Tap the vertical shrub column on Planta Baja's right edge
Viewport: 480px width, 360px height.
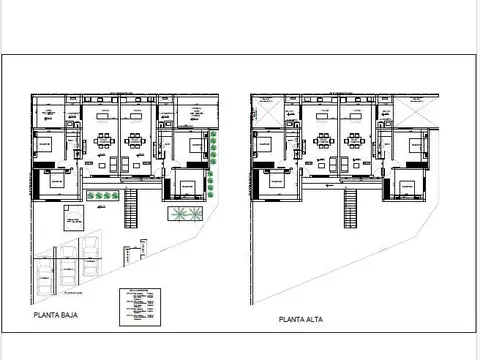coord(215,149)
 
